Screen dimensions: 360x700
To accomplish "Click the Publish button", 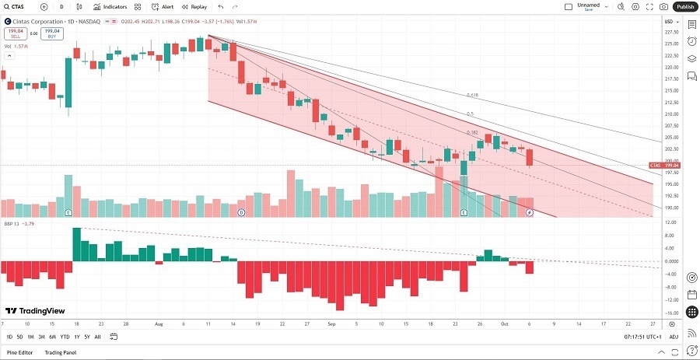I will tap(684, 6).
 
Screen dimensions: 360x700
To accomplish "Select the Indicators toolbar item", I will tap(110, 6).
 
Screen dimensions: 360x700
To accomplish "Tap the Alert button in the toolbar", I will tap(163, 6).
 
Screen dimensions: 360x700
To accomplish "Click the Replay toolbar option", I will tap(194, 6).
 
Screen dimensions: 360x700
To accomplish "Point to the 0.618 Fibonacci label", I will tap(471, 95).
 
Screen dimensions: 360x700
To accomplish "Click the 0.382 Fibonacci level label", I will tap(471, 132).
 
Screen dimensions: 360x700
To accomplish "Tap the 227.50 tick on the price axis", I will tap(670, 32).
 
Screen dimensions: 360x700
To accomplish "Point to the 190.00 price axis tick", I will tap(670, 208).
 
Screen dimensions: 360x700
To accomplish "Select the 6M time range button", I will tap(53, 337).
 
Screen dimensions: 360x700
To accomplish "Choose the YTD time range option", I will tap(65, 337).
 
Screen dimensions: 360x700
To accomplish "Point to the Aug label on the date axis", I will tap(159, 323).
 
